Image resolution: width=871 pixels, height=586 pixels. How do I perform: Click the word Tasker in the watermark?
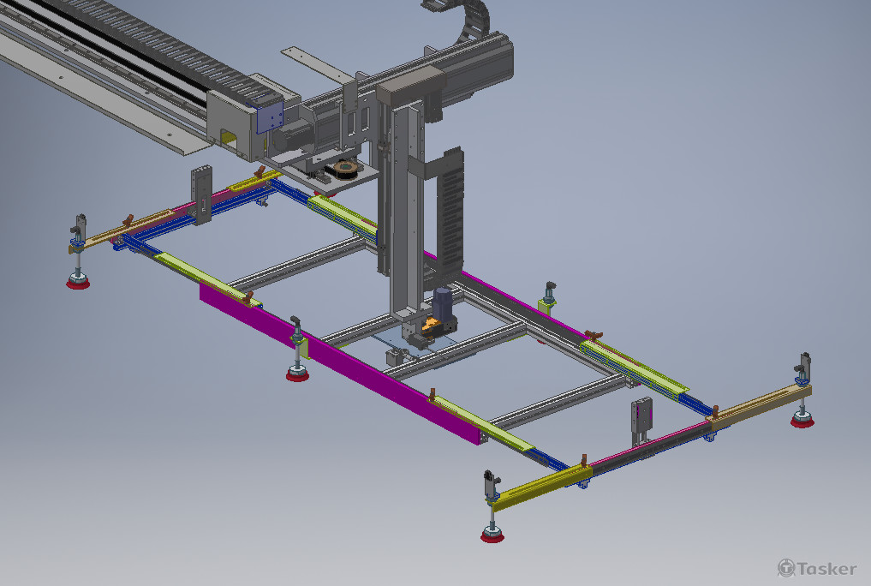[x=827, y=569]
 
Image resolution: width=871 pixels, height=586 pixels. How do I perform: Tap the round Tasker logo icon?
[x=786, y=568]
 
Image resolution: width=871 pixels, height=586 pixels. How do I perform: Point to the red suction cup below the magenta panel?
[x=298, y=375]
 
